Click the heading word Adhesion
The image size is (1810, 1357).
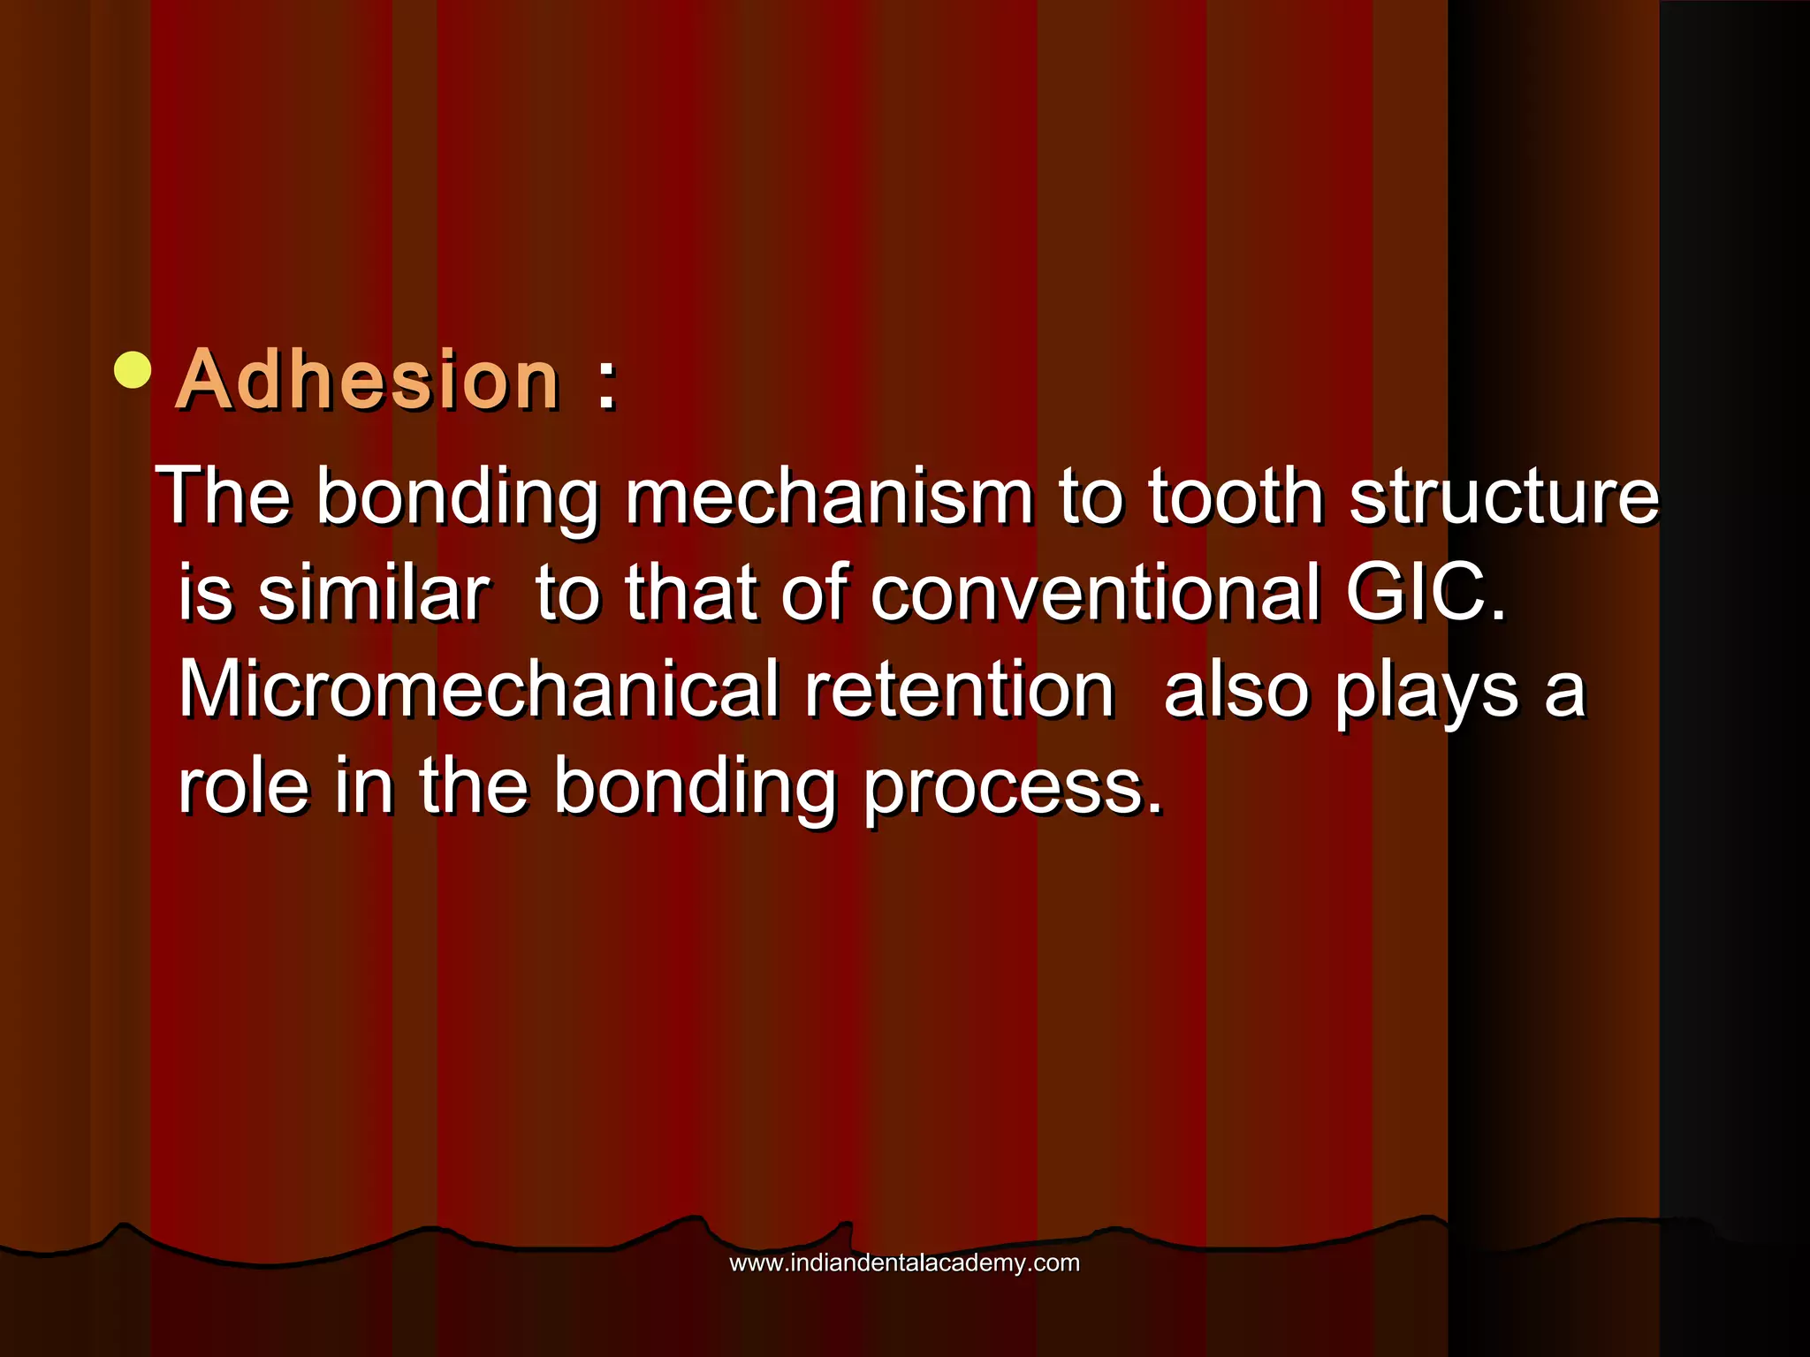click(369, 381)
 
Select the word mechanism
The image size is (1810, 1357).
click(829, 497)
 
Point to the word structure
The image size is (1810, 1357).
click(1504, 497)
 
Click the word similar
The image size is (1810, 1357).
click(373, 594)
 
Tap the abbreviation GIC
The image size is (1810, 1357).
click(1425, 594)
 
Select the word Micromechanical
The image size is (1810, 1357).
click(479, 691)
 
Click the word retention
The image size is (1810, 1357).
click(959, 691)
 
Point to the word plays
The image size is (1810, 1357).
click(1426, 691)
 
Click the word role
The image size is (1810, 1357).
click(243, 786)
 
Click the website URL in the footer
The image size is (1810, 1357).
click(904, 1262)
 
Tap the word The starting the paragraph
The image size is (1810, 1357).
click(224, 497)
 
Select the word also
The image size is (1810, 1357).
click(1236, 691)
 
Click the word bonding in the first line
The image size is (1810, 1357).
click(458, 497)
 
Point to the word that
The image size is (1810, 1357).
click(691, 594)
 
